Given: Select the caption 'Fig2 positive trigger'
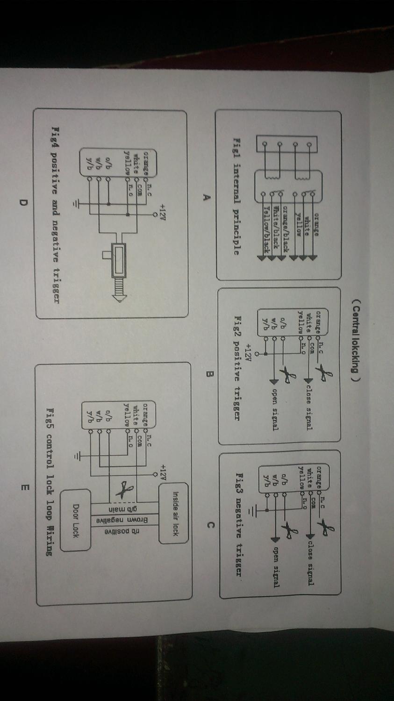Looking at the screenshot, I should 237,366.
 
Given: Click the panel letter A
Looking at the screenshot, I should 204,197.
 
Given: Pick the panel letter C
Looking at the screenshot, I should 210,525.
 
